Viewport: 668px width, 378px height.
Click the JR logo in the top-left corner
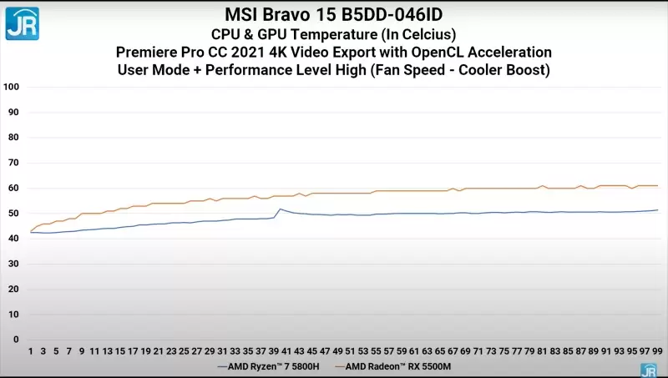coord(23,23)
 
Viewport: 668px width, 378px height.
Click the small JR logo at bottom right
coord(648,370)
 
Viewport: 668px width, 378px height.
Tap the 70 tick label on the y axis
coord(13,163)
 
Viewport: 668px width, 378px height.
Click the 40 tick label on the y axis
coord(13,239)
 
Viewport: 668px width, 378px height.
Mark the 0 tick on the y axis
coord(16,340)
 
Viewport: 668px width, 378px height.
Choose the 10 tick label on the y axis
coord(13,315)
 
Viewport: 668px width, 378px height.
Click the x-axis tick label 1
coord(31,351)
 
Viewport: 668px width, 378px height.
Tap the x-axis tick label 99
coord(657,351)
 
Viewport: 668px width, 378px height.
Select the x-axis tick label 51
coord(351,351)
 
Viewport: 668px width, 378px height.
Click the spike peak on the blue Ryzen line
coord(280,209)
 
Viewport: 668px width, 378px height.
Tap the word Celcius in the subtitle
coord(424,34)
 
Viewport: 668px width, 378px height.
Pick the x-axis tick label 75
coord(504,351)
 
